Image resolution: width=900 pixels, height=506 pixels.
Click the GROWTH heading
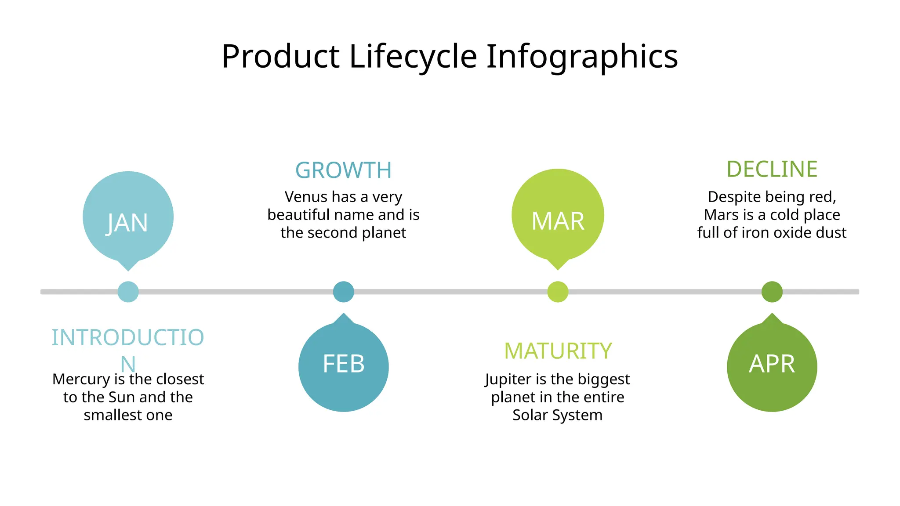[343, 170]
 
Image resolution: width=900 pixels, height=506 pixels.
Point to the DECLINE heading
[772, 170]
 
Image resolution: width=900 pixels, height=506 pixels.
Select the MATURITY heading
[558, 351]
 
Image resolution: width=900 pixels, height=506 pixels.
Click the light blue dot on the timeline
[128, 292]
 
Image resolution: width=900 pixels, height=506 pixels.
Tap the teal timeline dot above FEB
[343, 292]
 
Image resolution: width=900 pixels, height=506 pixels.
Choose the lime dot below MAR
[558, 292]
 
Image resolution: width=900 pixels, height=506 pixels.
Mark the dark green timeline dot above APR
[772, 292]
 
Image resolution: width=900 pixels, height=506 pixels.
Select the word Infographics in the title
[582, 57]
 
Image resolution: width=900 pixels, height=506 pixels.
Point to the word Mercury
[81, 379]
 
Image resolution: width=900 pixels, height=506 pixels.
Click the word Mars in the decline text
[721, 215]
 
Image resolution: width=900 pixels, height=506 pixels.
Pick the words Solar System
[557, 415]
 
